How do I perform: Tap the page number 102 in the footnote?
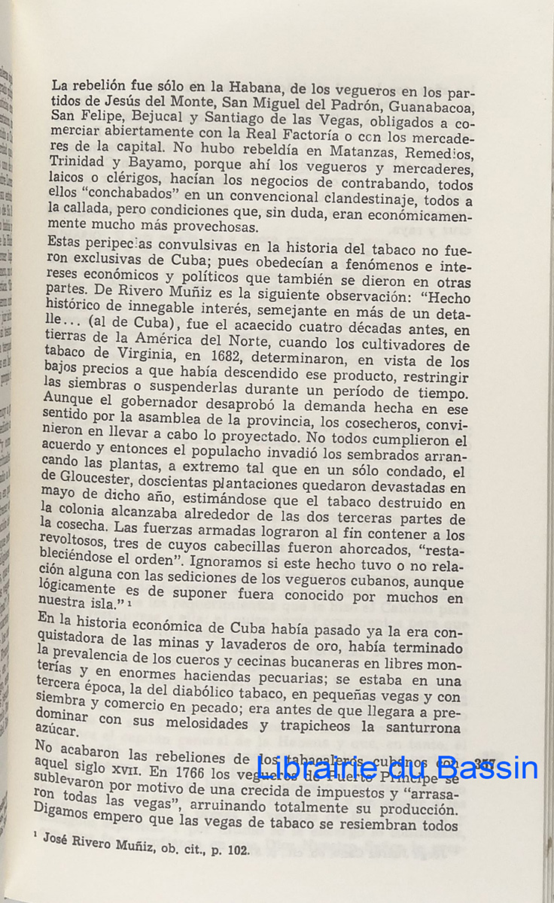point(236,853)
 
